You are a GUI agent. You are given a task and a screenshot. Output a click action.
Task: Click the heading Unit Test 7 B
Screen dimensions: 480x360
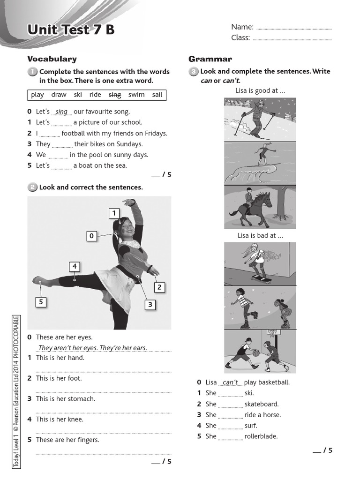[x=71, y=30]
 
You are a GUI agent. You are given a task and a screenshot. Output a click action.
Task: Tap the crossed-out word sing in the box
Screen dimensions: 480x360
[x=115, y=95]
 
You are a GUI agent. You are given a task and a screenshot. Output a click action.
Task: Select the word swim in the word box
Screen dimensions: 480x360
[x=136, y=95]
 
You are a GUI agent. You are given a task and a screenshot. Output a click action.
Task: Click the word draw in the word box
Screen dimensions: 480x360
[x=59, y=95]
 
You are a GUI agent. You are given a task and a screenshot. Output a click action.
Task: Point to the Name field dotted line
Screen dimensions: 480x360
[x=294, y=28]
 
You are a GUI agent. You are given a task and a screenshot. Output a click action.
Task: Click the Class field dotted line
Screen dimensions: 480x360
[x=292, y=39]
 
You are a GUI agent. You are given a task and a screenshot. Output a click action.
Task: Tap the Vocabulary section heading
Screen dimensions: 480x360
[x=52, y=59]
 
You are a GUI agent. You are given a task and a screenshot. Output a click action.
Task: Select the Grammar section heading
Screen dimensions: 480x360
[x=210, y=59]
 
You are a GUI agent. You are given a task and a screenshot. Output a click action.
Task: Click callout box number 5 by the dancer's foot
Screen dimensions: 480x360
[x=41, y=302]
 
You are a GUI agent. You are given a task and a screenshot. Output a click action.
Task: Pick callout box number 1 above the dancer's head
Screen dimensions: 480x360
[x=113, y=214]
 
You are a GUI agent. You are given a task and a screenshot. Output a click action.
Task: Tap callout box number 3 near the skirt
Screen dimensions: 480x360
[x=150, y=305]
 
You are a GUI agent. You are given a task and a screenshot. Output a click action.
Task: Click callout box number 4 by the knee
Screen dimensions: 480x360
[x=74, y=267]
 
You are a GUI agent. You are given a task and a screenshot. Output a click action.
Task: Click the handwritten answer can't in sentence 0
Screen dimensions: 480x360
[x=230, y=382]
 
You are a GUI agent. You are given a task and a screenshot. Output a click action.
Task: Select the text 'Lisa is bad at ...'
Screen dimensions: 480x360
[x=260, y=236]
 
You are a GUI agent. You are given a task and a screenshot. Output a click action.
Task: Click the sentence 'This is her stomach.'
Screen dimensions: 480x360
[x=65, y=399]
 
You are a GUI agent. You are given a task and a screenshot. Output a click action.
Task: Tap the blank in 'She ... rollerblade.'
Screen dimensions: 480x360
[x=230, y=437]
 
